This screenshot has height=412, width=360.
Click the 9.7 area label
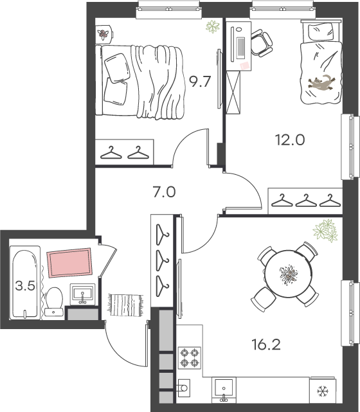[x=200, y=81]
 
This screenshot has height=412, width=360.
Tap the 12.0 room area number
[x=290, y=139]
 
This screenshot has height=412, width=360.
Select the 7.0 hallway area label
[x=164, y=192]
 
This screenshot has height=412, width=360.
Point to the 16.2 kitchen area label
[x=266, y=345]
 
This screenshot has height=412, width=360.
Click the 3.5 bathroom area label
[x=25, y=285]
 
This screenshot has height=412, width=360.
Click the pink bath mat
[x=69, y=263]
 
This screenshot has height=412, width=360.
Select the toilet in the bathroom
[x=54, y=301]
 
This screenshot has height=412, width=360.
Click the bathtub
[x=25, y=283]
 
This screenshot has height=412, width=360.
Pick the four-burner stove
[x=190, y=357]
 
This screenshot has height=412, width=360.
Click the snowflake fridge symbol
[x=323, y=391]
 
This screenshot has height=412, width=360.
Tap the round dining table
[x=288, y=274]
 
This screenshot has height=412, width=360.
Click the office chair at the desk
[x=261, y=42]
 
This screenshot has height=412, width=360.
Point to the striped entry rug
[x=125, y=305]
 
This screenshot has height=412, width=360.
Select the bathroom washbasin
[x=82, y=294]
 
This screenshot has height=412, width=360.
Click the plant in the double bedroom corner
[x=213, y=26]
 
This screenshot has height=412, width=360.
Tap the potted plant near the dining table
[x=325, y=231]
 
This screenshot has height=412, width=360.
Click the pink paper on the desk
[x=245, y=66]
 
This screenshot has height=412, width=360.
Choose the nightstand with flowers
[x=104, y=34]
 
